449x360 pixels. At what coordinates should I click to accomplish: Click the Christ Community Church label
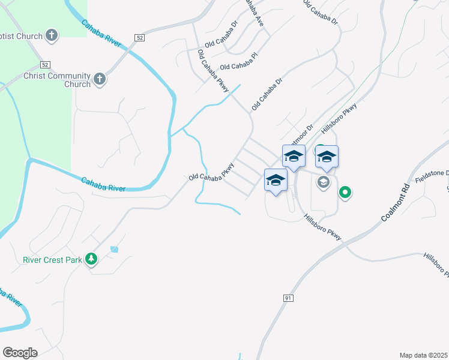point(57,80)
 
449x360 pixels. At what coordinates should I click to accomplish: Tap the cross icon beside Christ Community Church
point(100,78)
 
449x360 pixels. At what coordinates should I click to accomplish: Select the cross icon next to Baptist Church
point(52,35)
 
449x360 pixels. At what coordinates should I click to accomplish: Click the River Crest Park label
point(53,260)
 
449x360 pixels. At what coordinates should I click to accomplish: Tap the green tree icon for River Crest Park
point(91,259)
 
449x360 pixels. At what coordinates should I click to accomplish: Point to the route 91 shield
point(288,298)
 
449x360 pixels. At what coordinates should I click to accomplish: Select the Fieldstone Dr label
point(432,173)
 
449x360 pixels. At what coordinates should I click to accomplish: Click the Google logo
point(20,353)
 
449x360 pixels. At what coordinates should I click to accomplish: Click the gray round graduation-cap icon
point(324,182)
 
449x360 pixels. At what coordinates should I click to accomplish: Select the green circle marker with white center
point(345,193)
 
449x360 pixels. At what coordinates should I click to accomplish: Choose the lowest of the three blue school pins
point(276,180)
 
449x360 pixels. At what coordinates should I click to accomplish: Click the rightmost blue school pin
point(327,157)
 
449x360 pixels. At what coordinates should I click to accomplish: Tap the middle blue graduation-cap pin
point(294,157)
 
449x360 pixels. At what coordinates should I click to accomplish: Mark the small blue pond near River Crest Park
point(114,249)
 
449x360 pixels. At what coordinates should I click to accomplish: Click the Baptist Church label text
point(21,36)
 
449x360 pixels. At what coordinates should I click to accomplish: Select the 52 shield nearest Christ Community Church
point(45,64)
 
